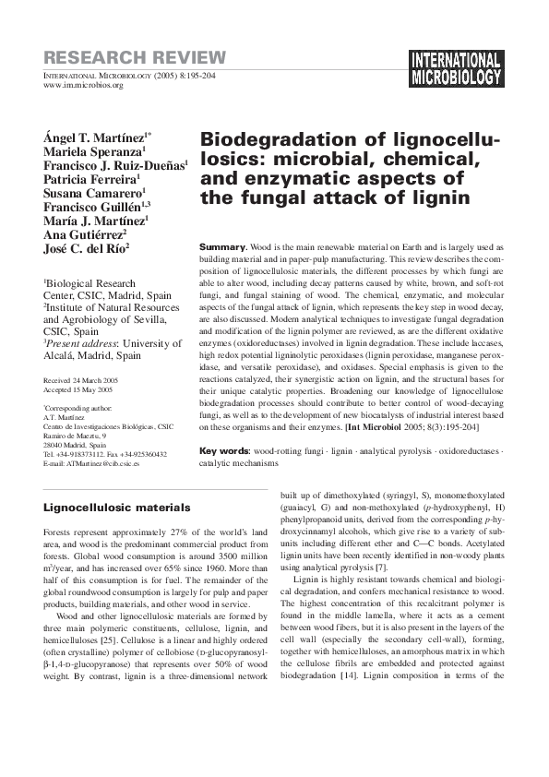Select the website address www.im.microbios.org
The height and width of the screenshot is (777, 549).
coord(83,85)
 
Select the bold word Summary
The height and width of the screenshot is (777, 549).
coord(222,247)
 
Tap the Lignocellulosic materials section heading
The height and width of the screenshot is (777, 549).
coord(117,508)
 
